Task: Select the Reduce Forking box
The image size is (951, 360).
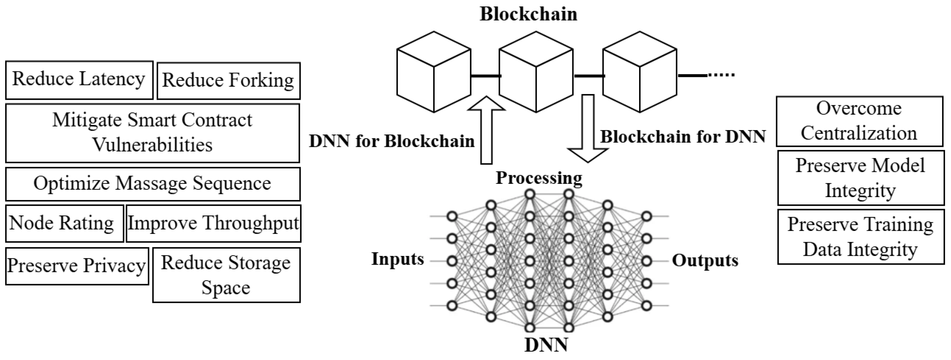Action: [228, 81]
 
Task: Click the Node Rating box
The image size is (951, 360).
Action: [64, 223]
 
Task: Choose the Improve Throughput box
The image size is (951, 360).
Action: [214, 223]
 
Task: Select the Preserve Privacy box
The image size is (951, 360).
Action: [77, 266]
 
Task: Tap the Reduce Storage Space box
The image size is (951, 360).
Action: [226, 275]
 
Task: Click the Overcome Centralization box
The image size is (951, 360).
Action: [859, 121]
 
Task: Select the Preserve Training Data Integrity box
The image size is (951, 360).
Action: [861, 237]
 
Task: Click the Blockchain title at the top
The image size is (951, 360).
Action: [528, 14]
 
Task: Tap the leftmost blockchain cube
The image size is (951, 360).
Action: [434, 72]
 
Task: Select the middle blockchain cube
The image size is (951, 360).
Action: [536, 72]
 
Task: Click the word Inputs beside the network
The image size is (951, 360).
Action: [397, 259]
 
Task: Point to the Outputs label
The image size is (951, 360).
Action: [705, 260]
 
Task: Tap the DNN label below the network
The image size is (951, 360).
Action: [546, 345]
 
